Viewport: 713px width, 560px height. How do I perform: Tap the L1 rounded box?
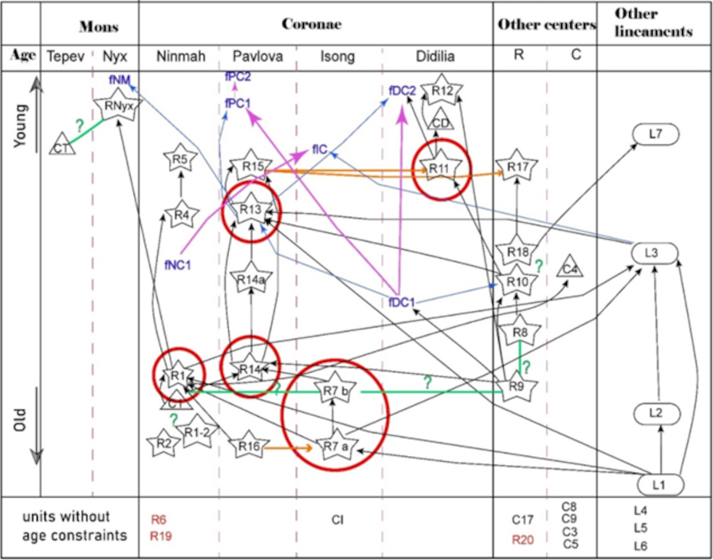coord(658,484)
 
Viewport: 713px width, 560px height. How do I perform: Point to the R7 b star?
coord(334,390)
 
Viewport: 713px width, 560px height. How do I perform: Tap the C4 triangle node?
coord(570,268)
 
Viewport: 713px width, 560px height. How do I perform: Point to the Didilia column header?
coord(436,57)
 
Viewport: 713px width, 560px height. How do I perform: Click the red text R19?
coord(159,535)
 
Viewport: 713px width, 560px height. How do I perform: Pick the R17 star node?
coord(518,167)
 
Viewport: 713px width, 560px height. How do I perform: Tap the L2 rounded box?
coord(658,412)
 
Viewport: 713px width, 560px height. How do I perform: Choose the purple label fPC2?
coord(238,76)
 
